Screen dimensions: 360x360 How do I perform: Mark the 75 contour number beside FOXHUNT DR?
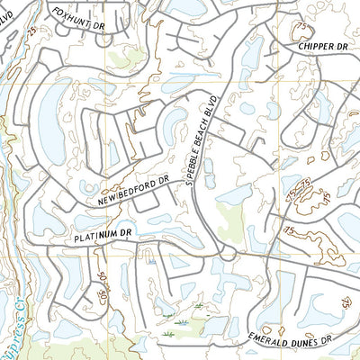[34, 31]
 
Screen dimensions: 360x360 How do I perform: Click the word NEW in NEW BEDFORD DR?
[111, 195]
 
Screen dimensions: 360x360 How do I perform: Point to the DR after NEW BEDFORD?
[165, 180]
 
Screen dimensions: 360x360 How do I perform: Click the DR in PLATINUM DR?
[128, 232]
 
